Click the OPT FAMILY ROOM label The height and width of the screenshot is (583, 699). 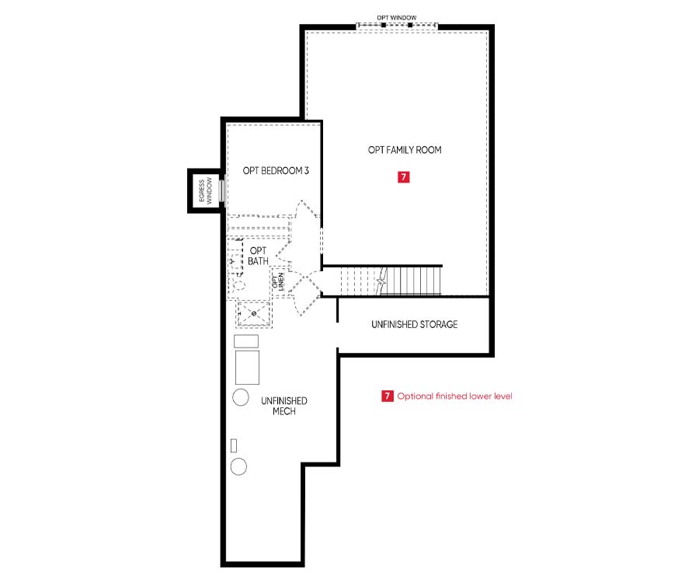tap(405, 150)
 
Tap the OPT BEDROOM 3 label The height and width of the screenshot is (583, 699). tap(276, 170)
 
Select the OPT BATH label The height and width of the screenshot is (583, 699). tap(258, 256)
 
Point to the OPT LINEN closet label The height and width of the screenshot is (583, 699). tap(278, 282)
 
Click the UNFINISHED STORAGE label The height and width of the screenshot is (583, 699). tap(415, 324)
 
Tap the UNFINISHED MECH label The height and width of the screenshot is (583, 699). tap(284, 406)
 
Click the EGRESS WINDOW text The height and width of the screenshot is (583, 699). tap(205, 191)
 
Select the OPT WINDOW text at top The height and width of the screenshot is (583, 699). tap(397, 17)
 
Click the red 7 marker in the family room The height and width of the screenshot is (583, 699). tap(403, 177)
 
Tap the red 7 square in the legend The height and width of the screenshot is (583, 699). tap(387, 396)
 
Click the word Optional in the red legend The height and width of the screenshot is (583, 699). tap(415, 396)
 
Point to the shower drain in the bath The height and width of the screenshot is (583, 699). tap(254, 313)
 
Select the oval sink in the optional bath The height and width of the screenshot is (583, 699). tap(238, 285)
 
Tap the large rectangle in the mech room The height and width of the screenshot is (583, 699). tap(247, 367)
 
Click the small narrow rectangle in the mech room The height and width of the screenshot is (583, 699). tap(234, 445)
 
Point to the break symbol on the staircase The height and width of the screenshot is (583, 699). tap(381, 281)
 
